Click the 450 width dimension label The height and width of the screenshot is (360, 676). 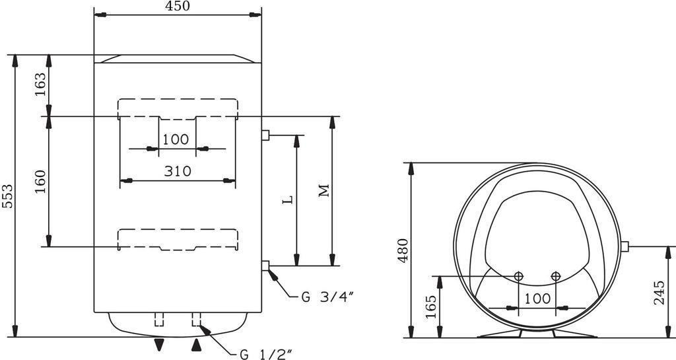point(177,6)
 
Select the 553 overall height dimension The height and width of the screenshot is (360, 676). point(7,196)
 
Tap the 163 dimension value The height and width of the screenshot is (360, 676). point(40,85)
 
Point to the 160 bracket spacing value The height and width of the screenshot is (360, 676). point(40,182)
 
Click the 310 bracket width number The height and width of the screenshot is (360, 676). point(177,171)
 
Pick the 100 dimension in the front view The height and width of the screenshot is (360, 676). point(176,139)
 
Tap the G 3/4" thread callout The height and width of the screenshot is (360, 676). point(327,297)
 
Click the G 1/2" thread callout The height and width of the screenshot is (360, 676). point(267,355)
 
